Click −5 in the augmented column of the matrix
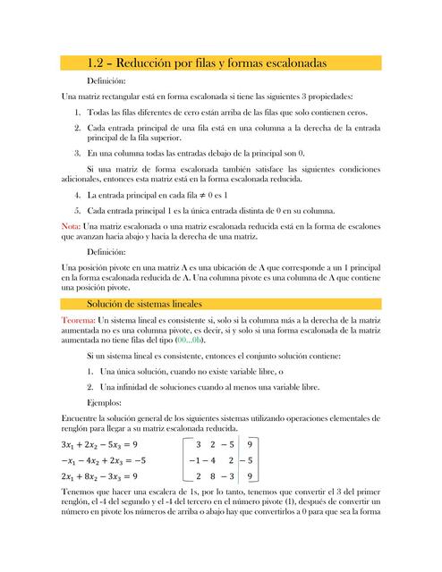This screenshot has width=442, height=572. point(250,460)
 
